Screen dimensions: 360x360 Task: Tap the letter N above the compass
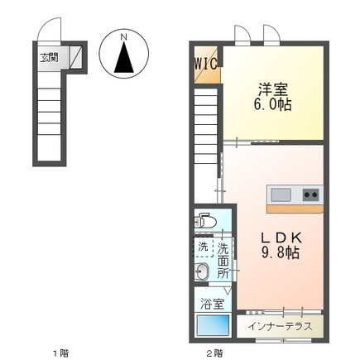(x=122, y=37)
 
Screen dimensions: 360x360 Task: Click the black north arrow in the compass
(x=122, y=59)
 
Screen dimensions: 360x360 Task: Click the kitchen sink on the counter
(x=281, y=194)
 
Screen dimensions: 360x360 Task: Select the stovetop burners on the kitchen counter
(x=310, y=194)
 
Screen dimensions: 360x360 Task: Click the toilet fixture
(x=205, y=222)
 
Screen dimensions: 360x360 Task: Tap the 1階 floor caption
(x=60, y=353)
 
